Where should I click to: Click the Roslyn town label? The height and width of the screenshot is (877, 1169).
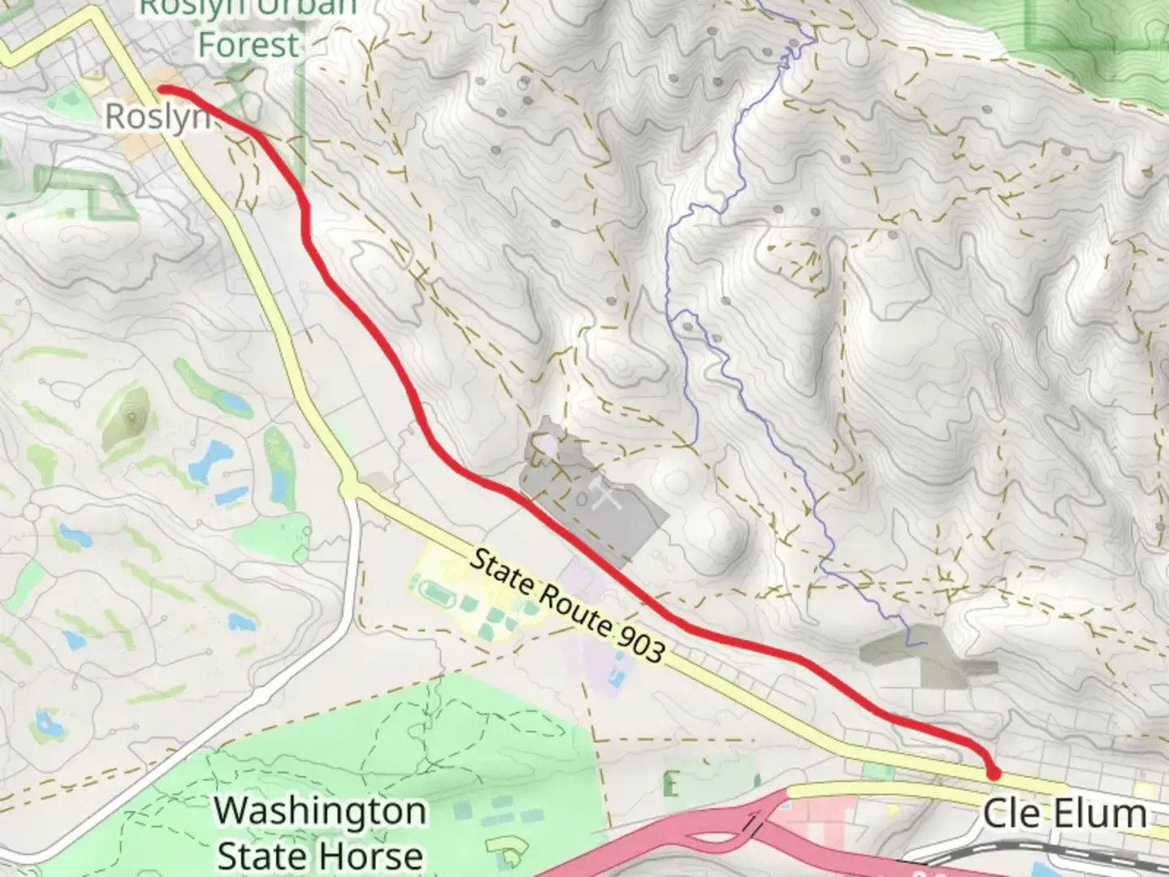click(x=157, y=117)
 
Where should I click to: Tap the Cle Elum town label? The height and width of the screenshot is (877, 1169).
click(x=1064, y=813)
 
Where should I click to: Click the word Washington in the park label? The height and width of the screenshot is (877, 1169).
click(x=321, y=811)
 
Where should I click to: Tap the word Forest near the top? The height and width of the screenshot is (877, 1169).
click(x=248, y=45)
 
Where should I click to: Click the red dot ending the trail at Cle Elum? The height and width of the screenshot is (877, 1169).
click(x=992, y=772)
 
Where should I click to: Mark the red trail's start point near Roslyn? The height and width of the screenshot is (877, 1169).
click(x=162, y=89)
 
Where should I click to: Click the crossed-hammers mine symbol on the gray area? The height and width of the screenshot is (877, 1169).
click(x=600, y=493)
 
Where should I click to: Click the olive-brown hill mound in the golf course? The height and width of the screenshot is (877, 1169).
click(x=127, y=419)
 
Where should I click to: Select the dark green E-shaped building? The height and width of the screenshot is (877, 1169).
click(x=671, y=784)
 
